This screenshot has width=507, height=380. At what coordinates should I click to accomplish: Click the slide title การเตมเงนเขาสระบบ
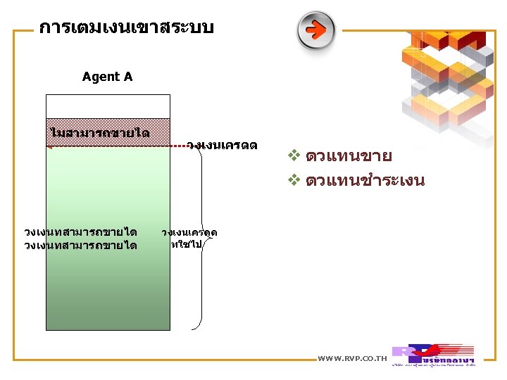126,28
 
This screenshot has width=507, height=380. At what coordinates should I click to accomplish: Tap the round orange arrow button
315,30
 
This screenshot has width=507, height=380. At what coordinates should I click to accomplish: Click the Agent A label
107,77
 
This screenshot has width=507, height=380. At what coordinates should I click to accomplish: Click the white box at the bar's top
108,106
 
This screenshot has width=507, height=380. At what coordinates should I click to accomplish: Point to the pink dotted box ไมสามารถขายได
108,132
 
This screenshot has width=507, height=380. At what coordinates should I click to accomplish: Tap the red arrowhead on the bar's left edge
49,146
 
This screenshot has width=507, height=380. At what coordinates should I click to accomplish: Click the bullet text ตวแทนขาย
349,156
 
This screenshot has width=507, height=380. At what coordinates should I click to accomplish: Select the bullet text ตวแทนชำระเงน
365,180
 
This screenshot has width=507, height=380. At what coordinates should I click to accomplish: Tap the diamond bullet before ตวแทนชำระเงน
294,180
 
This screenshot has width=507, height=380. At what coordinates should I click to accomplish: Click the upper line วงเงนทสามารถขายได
80,232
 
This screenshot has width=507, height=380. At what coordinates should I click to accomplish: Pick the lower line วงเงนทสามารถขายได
80,245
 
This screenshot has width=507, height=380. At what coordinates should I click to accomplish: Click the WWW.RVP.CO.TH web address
352,359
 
